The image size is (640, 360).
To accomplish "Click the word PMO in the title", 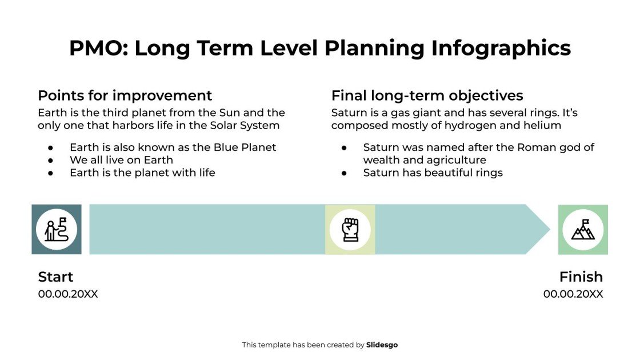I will click(x=98, y=48).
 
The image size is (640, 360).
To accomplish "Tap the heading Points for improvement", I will click(x=125, y=95).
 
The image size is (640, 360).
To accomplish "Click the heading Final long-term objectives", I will click(x=427, y=95).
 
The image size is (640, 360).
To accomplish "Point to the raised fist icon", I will click(x=350, y=229).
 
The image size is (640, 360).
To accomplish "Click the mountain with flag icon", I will click(x=583, y=229).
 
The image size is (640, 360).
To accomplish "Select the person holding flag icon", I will click(x=57, y=229).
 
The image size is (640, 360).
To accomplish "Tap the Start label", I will click(x=55, y=277).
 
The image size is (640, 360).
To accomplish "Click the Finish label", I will click(x=581, y=277).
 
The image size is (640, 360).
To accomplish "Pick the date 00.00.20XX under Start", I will click(x=68, y=294).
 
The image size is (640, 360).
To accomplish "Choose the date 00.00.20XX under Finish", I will click(x=573, y=294).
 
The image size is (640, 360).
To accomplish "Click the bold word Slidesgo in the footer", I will click(x=382, y=345).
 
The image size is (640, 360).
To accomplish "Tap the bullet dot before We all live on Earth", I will click(x=51, y=160).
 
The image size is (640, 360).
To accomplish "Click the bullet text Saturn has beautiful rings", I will click(x=433, y=173).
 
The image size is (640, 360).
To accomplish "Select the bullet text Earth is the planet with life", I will click(x=142, y=173).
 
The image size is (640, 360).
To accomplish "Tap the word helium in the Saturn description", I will click(x=543, y=125).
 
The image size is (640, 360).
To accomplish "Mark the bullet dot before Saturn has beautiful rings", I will click(x=345, y=173).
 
